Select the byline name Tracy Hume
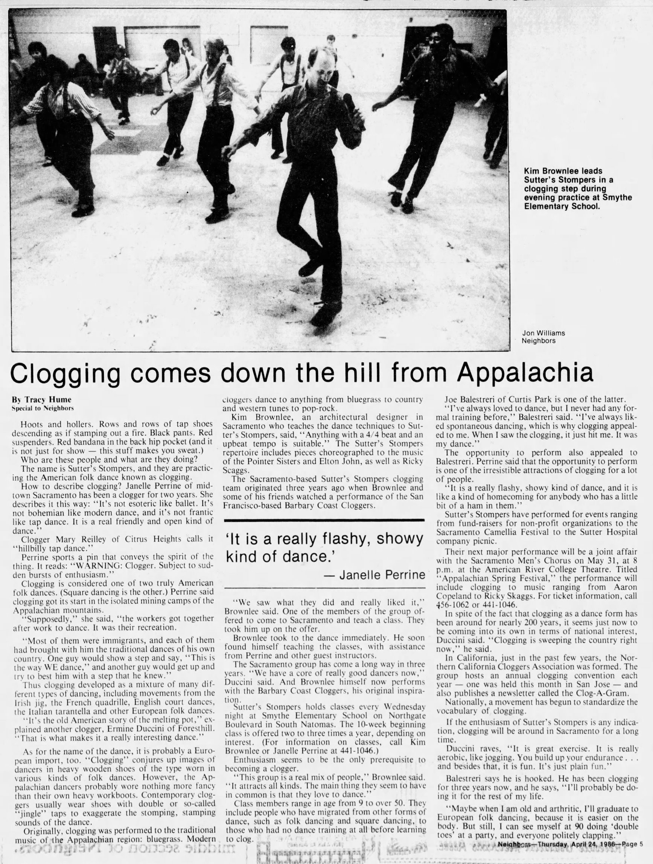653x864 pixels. tap(43, 400)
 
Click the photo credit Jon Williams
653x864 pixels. tap(543, 333)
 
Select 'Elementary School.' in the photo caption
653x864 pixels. tap(562, 206)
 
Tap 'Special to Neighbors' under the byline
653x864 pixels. tap(43, 408)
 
